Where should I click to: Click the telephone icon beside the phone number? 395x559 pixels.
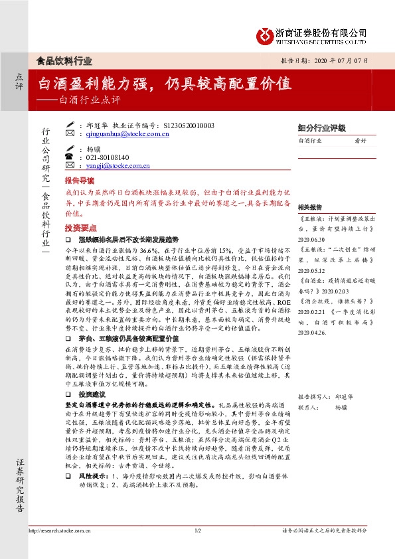click(68, 157)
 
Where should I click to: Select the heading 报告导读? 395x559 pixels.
click(79, 181)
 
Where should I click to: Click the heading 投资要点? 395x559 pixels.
click(79, 227)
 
